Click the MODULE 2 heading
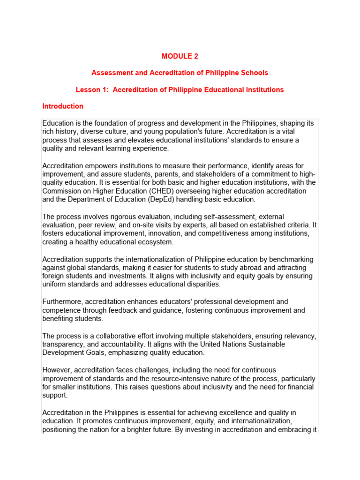pos(180,56)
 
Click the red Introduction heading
pos(63,106)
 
